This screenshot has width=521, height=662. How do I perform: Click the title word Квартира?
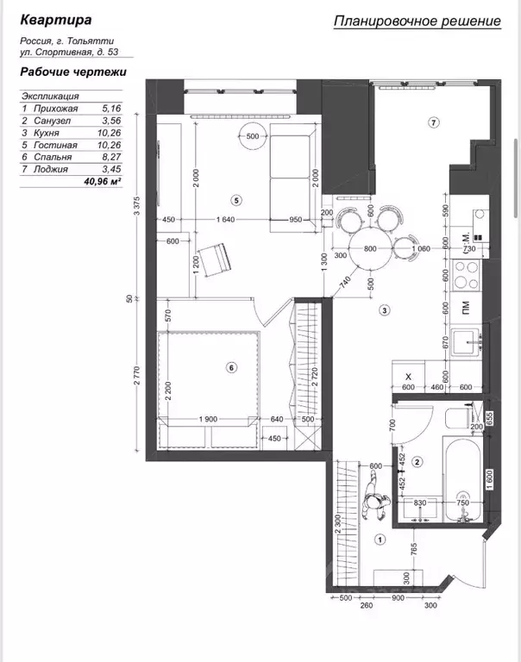point(56,20)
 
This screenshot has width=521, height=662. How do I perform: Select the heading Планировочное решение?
point(417,21)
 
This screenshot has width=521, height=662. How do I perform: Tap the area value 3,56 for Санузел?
point(111,121)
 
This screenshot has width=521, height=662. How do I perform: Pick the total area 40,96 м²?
point(103,182)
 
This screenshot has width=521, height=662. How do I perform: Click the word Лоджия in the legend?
point(51,169)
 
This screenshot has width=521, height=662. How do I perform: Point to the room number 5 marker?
point(236,201)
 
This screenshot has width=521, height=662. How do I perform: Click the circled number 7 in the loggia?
point(434,123)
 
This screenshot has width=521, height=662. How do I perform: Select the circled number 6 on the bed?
point(231,368)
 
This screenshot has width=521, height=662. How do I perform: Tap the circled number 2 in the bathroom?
point(417,462)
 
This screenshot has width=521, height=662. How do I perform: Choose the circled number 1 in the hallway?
point(380,539)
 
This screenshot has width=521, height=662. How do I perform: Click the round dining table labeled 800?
point(371,248)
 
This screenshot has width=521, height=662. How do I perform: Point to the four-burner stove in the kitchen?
point(466,275)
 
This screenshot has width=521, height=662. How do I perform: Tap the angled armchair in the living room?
point(215,260)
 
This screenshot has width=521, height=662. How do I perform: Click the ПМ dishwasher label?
point(466,308)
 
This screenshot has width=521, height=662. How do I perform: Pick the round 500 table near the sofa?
point(252,136)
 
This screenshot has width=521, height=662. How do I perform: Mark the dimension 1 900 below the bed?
point(208,419)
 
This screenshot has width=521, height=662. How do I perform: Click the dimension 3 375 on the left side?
point(136,206)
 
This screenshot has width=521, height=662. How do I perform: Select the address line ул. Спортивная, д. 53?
point(69,53)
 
